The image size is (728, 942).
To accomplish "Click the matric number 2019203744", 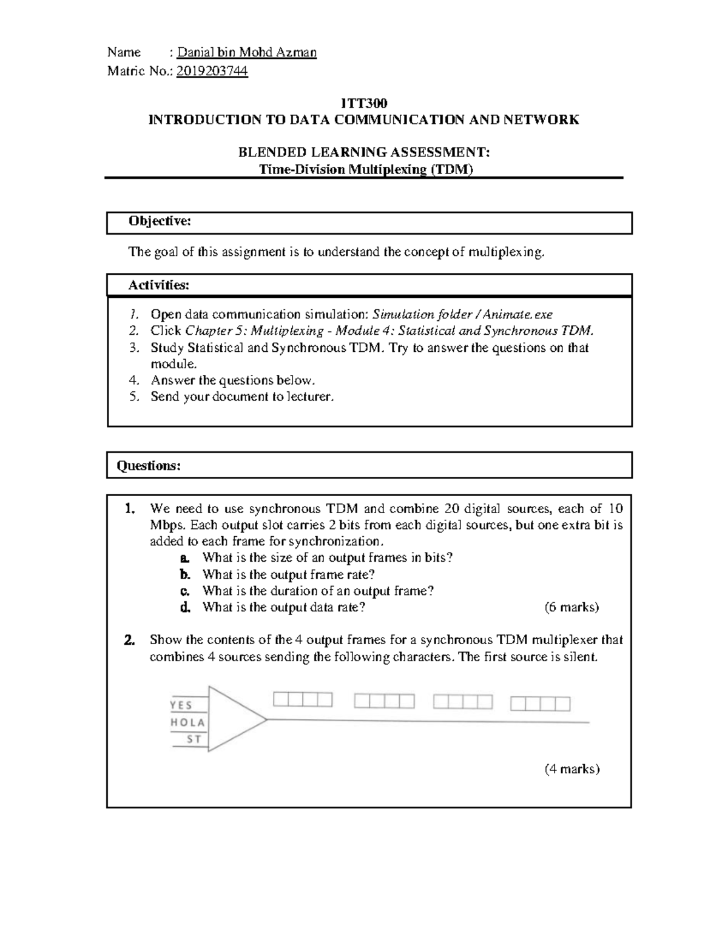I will point(212,72).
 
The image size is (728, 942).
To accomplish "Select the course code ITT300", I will point(363,104).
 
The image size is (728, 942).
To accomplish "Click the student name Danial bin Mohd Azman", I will point(246,52).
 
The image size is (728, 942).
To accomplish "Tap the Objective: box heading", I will point(160,221).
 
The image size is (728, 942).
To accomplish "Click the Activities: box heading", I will point(159,284).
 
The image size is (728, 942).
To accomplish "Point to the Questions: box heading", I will point(149,465).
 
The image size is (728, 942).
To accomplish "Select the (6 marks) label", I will point(571,607).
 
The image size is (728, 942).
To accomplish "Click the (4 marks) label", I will point(571,769).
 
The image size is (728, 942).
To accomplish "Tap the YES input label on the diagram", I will point(181,705).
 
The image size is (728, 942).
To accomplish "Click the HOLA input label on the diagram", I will point(187,722).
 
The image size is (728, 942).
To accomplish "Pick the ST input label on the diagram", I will point(194,739).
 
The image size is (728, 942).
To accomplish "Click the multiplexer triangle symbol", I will point(231,720).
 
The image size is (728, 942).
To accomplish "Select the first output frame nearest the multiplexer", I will point(303,700).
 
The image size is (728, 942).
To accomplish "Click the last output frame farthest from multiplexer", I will point(540,704).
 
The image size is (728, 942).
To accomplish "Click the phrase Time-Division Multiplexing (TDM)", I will point(365,169).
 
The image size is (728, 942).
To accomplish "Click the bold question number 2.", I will point(129,640).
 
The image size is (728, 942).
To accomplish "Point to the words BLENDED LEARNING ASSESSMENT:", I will point(363,152).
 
